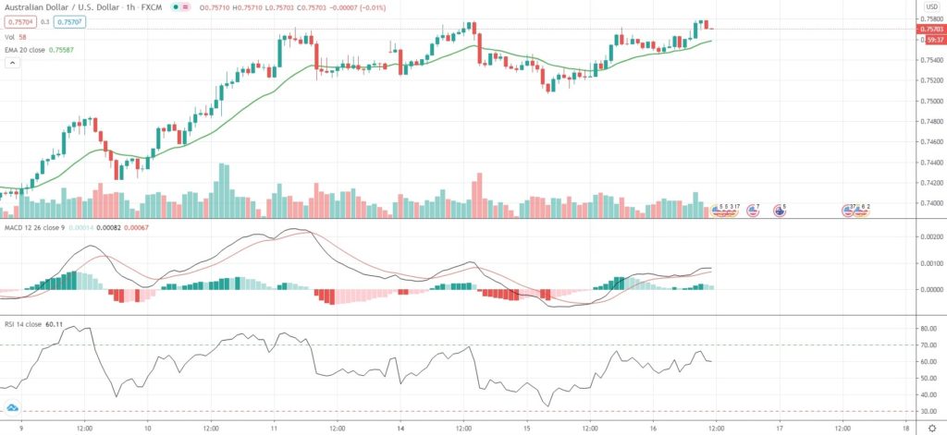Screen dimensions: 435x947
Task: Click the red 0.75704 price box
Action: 18,22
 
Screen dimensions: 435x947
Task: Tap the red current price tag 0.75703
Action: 929,30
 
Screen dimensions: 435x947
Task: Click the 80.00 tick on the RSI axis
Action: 925,329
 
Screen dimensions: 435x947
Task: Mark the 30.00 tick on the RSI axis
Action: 925,411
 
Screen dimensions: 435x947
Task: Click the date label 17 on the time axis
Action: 780,428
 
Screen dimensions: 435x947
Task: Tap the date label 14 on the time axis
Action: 400,428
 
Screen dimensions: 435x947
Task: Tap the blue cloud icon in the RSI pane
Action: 13,407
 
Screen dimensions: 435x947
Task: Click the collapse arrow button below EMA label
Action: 13,62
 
